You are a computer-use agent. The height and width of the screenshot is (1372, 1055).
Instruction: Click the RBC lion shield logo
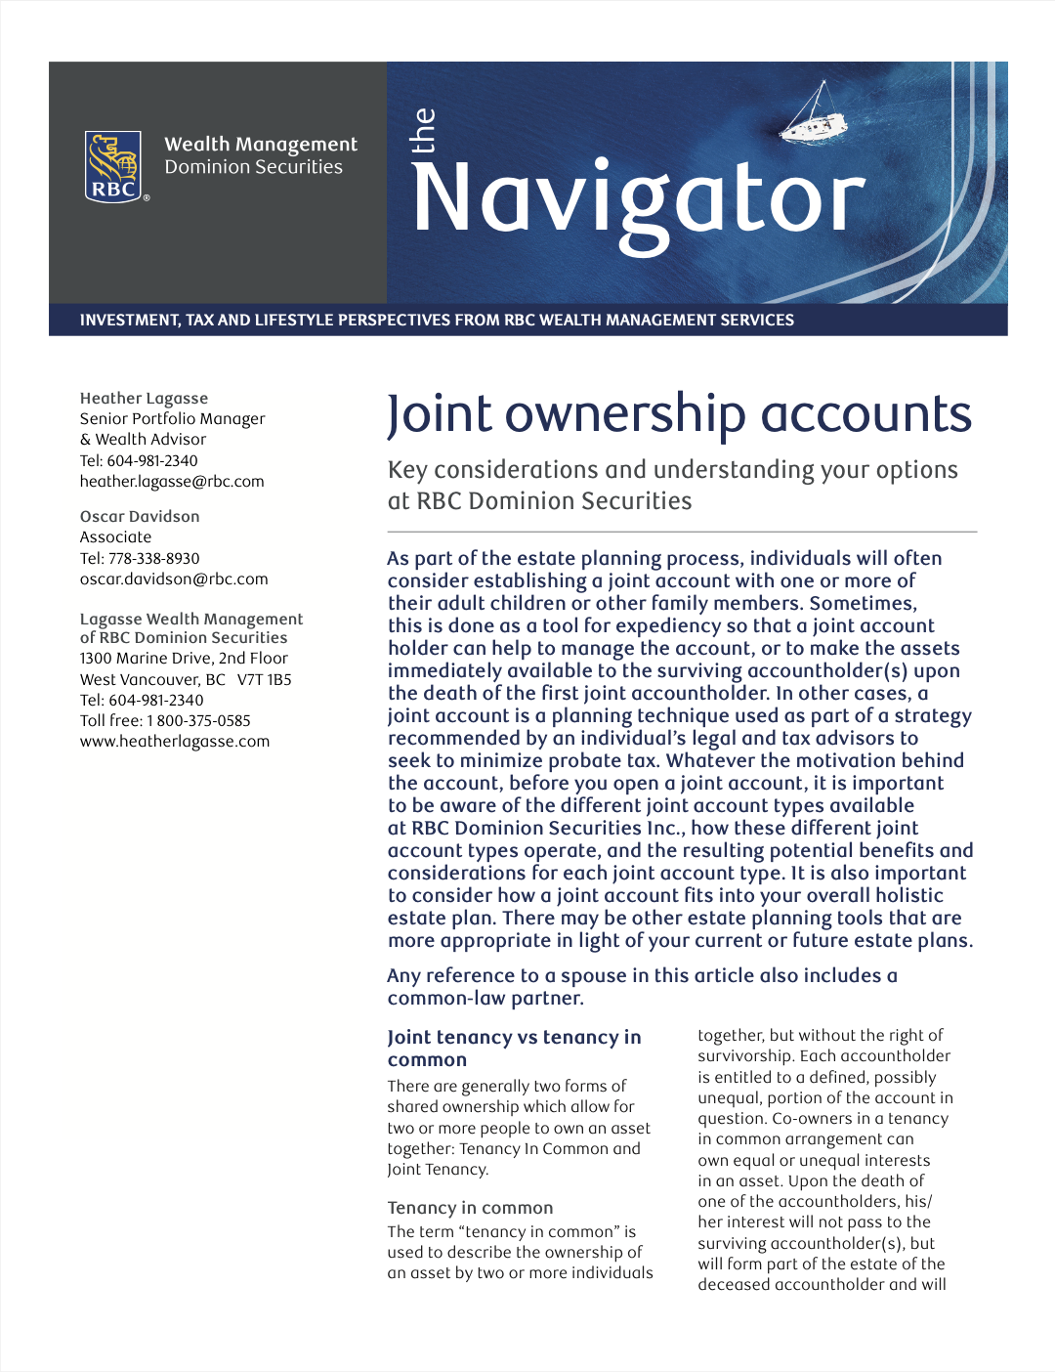tap(114, 166)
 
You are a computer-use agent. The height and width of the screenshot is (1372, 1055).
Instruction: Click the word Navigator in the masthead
tap(639, 199)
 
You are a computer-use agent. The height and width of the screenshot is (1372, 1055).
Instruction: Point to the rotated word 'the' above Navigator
tap(423, 131)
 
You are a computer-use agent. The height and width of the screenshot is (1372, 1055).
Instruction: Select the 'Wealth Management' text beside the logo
tap(261, 145)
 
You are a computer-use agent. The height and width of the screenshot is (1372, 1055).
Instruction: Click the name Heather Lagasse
tap(144, 398)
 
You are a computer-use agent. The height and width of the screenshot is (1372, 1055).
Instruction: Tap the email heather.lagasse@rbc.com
tap(172, 481)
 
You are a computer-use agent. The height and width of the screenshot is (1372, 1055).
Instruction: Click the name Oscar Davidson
tap(140, 516)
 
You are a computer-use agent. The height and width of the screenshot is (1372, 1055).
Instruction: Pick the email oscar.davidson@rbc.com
tap(174, 579)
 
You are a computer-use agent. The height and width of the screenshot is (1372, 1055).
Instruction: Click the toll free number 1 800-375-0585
tap(198, 720)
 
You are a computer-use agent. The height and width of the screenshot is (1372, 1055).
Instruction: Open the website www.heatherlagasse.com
tap(175, 741)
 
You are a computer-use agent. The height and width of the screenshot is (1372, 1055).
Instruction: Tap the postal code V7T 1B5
tap(264, 679)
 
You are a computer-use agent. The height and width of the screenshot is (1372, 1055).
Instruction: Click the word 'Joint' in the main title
tap(440, 414)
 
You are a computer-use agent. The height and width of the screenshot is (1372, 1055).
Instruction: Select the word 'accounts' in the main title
tap(866, 414)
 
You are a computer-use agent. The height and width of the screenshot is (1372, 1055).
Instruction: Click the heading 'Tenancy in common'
tap(470, 1208)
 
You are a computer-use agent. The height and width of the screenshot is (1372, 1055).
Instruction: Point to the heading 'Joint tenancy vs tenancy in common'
tap(514, 1048)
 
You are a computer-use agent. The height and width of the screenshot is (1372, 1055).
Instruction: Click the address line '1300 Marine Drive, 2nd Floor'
tap(184, 658)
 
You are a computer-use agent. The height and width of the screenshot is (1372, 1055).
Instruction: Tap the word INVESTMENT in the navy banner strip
tap(129, 320)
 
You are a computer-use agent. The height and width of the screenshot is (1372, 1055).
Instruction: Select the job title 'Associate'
tap(115, 536)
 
